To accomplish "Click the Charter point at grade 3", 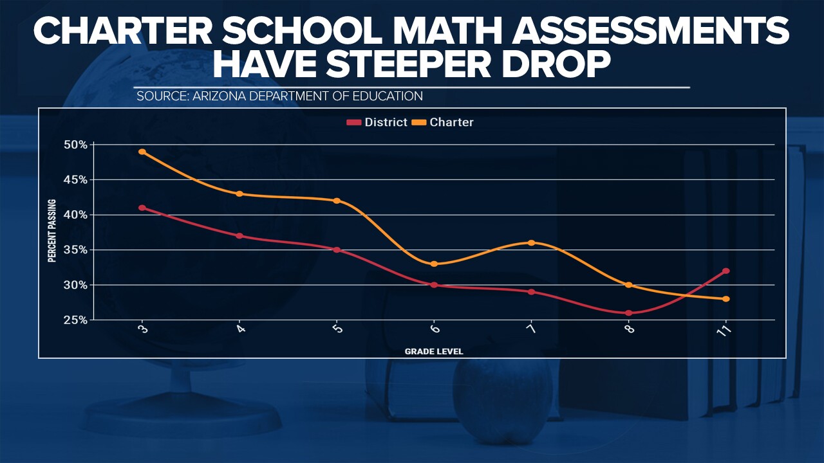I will pos(142,152).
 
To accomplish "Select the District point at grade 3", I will pos(142,208).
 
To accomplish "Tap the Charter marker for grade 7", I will pos(531,242).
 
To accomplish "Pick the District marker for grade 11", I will pos(726,271).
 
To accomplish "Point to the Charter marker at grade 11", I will pos(726,298).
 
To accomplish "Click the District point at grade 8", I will pos(628,313).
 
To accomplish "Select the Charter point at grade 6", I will pos(434,264).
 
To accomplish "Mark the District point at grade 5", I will pos(337,250).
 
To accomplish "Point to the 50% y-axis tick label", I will pos(75,145).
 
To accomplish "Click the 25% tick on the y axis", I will pos(75,320).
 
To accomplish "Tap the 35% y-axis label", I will pos(75,250).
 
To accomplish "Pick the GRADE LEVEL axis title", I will pos(434,352).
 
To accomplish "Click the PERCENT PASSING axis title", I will pos(52,232).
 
